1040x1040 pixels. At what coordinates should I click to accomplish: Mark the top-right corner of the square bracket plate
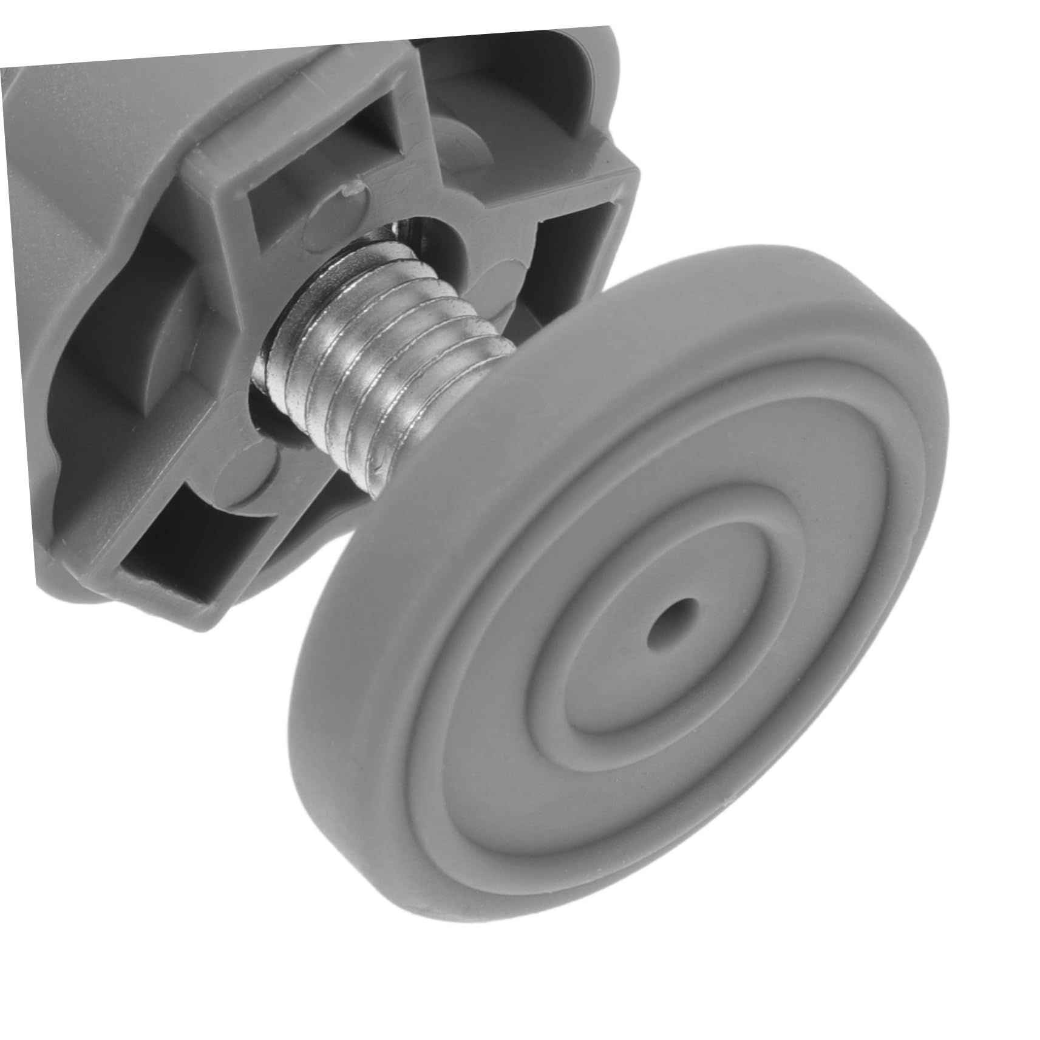pyautogui.click(x=634, y=173)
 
